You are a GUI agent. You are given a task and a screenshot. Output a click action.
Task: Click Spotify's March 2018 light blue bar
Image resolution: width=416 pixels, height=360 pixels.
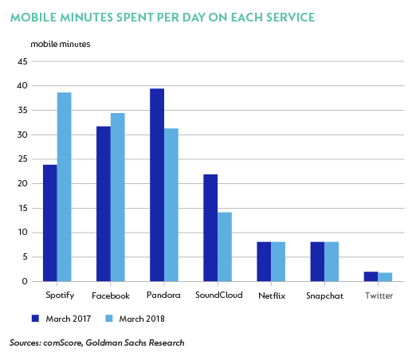tap(65, 187)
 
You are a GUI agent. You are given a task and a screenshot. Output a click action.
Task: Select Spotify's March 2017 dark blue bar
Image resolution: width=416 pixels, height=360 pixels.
tap(50, 223)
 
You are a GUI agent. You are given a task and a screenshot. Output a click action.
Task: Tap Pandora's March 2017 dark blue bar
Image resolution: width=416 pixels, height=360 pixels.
tap(157, 185)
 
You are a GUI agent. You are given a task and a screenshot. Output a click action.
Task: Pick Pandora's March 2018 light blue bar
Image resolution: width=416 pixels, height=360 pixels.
tap(171, 205)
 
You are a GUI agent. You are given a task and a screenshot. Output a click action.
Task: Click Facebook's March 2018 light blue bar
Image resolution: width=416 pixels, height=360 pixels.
tap(118, 198)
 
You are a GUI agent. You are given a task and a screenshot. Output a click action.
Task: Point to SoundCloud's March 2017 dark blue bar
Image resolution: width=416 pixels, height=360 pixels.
tap(210, 228)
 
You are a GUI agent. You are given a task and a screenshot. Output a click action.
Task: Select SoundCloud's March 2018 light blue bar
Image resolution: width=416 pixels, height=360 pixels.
tap(225, 247)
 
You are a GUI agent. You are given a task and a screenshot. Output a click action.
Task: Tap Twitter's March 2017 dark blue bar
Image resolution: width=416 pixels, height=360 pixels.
tap(371, 276)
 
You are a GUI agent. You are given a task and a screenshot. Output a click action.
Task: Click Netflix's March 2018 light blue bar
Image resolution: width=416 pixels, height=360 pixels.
tap(278, 262)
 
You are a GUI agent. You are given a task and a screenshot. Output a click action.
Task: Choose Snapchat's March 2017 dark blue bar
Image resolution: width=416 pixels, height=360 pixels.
tap(317, 262)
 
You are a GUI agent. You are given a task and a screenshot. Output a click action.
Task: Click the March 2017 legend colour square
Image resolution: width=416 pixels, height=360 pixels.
tap(35, 319)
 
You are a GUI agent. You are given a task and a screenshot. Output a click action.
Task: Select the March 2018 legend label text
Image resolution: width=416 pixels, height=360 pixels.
tap(142, 319)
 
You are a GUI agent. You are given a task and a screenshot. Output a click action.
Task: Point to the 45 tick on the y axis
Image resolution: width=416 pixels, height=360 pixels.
tap(22, 61)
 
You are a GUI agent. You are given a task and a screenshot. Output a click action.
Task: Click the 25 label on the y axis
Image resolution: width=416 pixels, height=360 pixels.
tap(22, 159)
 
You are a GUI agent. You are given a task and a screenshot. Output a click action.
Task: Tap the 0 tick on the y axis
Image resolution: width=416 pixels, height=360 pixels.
tap(25, 281)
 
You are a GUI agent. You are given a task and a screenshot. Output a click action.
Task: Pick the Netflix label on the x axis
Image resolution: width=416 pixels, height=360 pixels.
tap(272, 295)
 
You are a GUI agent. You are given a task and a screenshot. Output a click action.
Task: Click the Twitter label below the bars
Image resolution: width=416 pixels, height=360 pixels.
tap(379, 295)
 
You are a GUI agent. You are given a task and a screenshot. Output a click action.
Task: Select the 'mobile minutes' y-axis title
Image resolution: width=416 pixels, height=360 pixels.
tap(61, 44)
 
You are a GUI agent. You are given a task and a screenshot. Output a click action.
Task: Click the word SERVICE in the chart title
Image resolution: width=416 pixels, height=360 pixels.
tap(291, 18)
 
